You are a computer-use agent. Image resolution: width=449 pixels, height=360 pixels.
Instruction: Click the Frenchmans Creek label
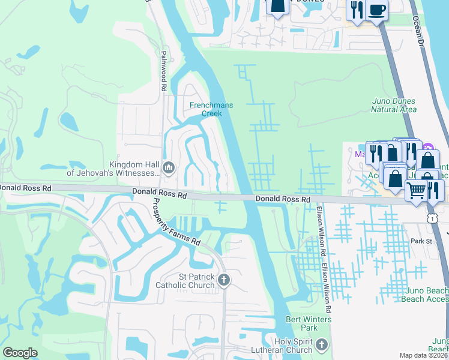(211, 109)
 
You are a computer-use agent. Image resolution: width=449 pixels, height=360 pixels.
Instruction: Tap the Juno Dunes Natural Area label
(394, 105)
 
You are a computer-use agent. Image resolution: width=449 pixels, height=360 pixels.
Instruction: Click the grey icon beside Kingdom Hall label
(169, 167)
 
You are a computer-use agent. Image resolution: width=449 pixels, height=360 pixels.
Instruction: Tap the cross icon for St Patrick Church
(224, 279)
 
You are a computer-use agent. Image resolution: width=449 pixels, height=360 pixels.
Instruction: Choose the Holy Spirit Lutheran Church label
(282, 346)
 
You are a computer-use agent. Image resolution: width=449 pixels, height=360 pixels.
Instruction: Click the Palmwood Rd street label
(163, 71)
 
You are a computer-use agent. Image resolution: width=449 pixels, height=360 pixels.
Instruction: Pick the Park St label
(422, 241)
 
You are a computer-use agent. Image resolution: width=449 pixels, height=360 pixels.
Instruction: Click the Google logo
(20, 353)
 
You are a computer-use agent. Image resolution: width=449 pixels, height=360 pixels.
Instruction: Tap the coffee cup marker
(377, 10)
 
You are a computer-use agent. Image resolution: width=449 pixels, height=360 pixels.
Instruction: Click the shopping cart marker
(416, 191)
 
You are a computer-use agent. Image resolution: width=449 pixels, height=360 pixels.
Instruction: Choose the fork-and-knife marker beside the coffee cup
(357, 10)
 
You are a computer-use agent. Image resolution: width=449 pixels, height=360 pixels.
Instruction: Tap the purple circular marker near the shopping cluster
(427, 148)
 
